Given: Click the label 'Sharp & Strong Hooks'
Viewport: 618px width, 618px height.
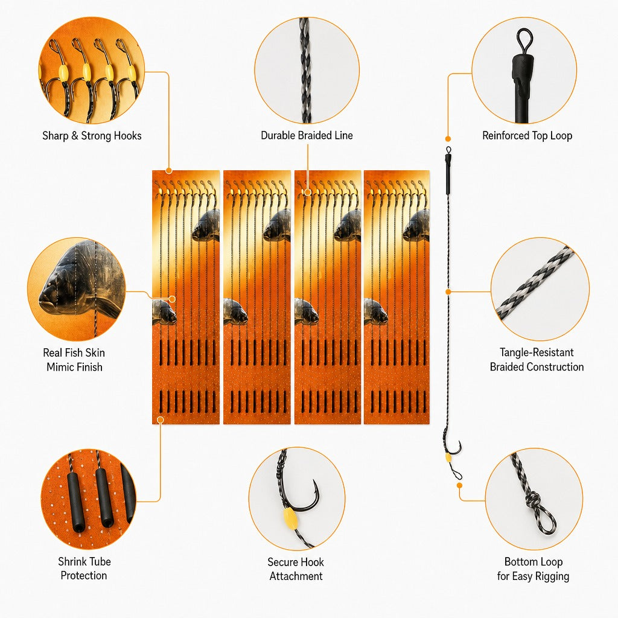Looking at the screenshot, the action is point(92,136).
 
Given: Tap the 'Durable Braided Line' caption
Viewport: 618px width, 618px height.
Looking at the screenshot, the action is point(307,135).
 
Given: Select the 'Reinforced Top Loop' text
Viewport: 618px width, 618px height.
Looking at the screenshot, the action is point(527,136).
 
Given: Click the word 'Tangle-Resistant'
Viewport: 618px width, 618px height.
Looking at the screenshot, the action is point(537,352).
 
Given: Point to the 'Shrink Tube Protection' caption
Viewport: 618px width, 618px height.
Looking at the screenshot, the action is point(84,569).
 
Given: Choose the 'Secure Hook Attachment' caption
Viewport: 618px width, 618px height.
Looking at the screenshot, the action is point(296,569).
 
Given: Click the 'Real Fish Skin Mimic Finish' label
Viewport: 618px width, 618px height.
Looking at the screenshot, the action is point(74,360).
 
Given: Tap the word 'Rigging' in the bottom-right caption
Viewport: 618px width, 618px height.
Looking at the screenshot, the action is point(552,576).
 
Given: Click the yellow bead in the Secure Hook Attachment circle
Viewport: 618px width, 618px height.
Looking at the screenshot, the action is point(290,517).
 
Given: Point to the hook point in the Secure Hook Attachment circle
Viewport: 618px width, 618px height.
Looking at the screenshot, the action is point(314,481).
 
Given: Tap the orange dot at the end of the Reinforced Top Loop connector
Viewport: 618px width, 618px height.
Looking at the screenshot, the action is point(448,139).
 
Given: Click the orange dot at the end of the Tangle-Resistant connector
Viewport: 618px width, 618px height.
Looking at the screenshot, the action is point(448,292).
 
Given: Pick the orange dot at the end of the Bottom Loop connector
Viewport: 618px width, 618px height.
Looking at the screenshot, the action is point(459,486).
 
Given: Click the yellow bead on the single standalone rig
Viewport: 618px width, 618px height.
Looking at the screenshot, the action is point(448,458).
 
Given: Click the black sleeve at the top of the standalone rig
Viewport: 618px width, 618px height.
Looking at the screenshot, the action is point(448,174).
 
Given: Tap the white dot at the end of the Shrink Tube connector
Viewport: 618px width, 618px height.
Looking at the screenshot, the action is point(160,420).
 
